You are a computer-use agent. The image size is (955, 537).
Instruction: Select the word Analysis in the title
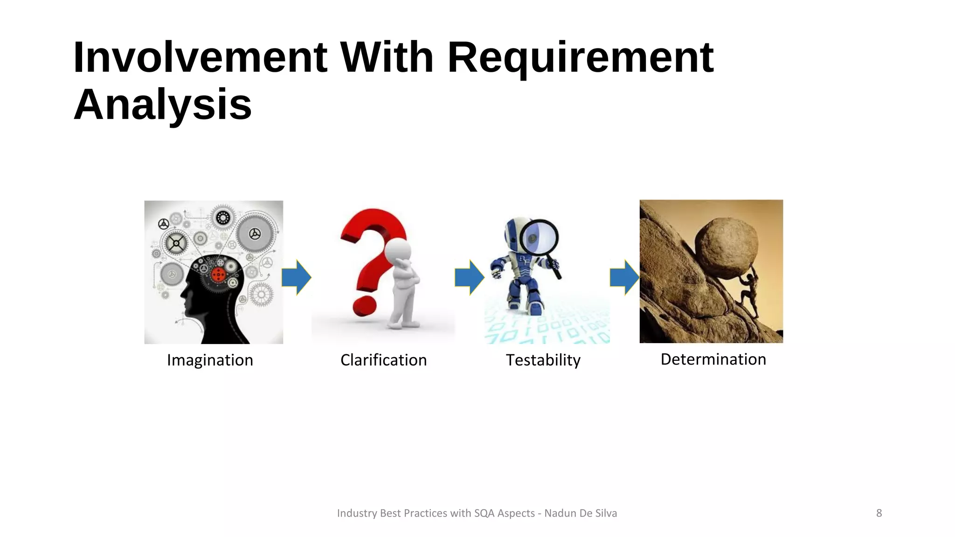163,104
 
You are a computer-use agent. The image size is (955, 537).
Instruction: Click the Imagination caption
210,360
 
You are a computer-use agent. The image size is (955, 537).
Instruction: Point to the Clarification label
383,360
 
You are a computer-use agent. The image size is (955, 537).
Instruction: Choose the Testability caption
543,360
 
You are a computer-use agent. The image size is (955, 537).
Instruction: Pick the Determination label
713,359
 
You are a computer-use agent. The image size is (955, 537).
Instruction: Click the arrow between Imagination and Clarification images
297,277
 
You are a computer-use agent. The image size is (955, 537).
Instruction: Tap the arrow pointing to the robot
470,277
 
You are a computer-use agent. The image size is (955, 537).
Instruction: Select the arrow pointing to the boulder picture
624,277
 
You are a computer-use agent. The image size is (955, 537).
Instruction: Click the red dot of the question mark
364,305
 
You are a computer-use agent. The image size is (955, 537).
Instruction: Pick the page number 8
879,513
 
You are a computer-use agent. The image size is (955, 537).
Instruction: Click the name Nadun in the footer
559,513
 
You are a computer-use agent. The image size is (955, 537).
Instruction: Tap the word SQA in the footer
484,513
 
